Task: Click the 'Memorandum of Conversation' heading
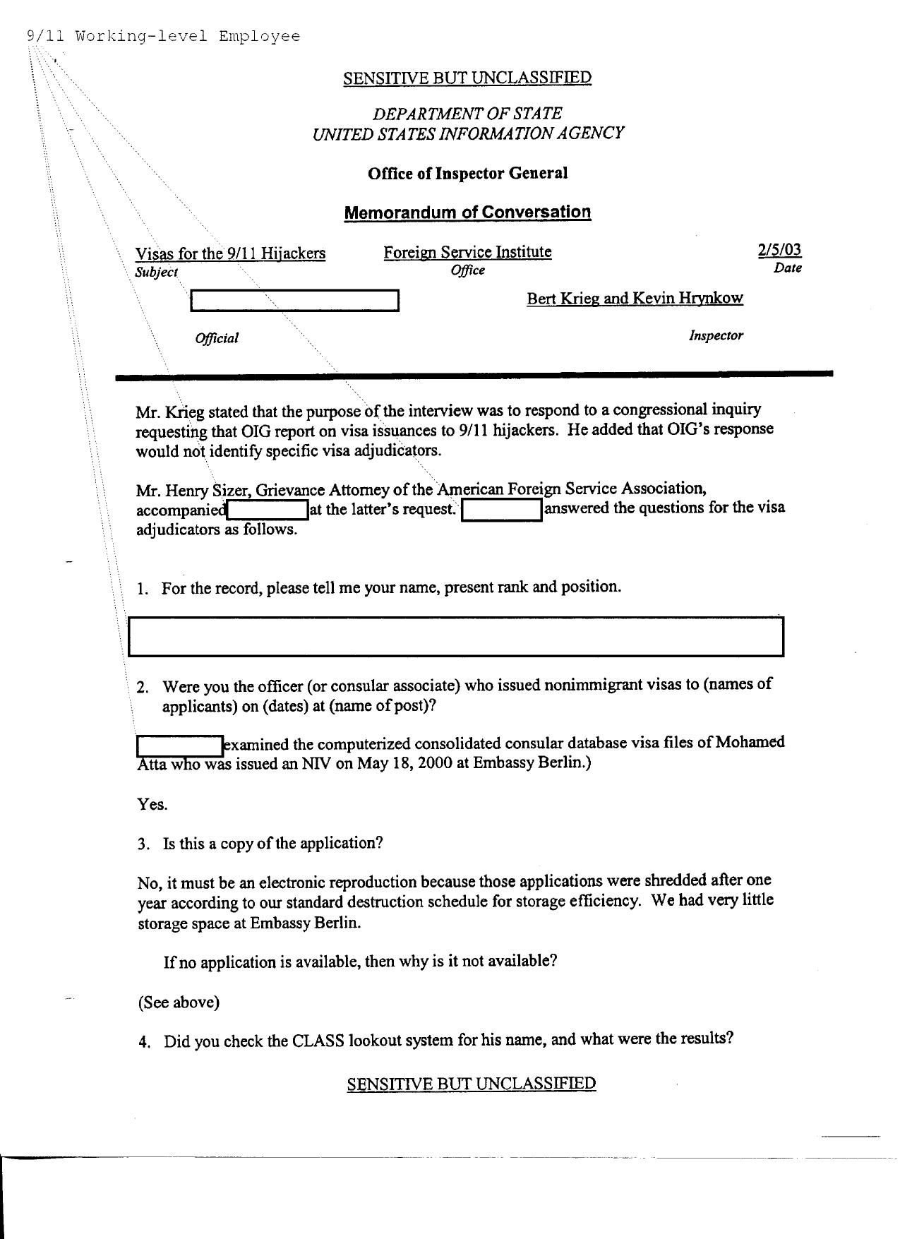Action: click(x=467, y=213)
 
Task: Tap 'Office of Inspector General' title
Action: click(x=467, y=174)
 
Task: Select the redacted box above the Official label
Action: click(x=294, y=301)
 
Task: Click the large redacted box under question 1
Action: click(x=456, y=637)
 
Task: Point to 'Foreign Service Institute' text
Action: click(x=467, y=252)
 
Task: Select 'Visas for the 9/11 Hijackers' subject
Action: click(x=230, y=253)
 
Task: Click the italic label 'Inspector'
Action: click(x=716, y=336)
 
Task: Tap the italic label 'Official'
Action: click(x=217, y=338)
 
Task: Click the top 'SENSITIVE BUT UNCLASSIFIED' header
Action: click(x=467, y=78)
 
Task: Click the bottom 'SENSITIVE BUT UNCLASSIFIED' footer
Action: click(x=471, y=1084)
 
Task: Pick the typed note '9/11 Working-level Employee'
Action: click(x=163, y=36)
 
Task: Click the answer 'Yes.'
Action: click(x=152, y=804)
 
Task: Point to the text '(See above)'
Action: click(x=179, y=1002)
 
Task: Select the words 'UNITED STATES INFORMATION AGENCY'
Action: click(x=467, y=133)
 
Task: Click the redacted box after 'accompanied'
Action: click(x=268, y=509)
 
